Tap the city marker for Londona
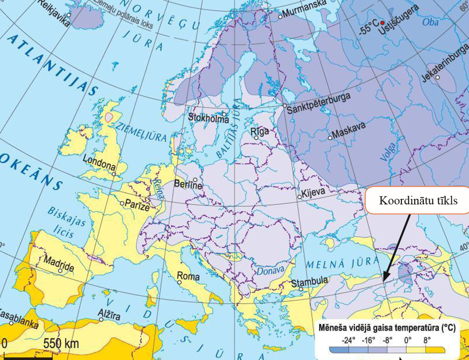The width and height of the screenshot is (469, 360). [114, 174]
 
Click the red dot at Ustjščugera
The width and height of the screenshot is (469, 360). [382, 23]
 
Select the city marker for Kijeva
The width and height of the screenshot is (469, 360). [300, 197]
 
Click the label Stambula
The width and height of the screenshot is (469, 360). [310, 282]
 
